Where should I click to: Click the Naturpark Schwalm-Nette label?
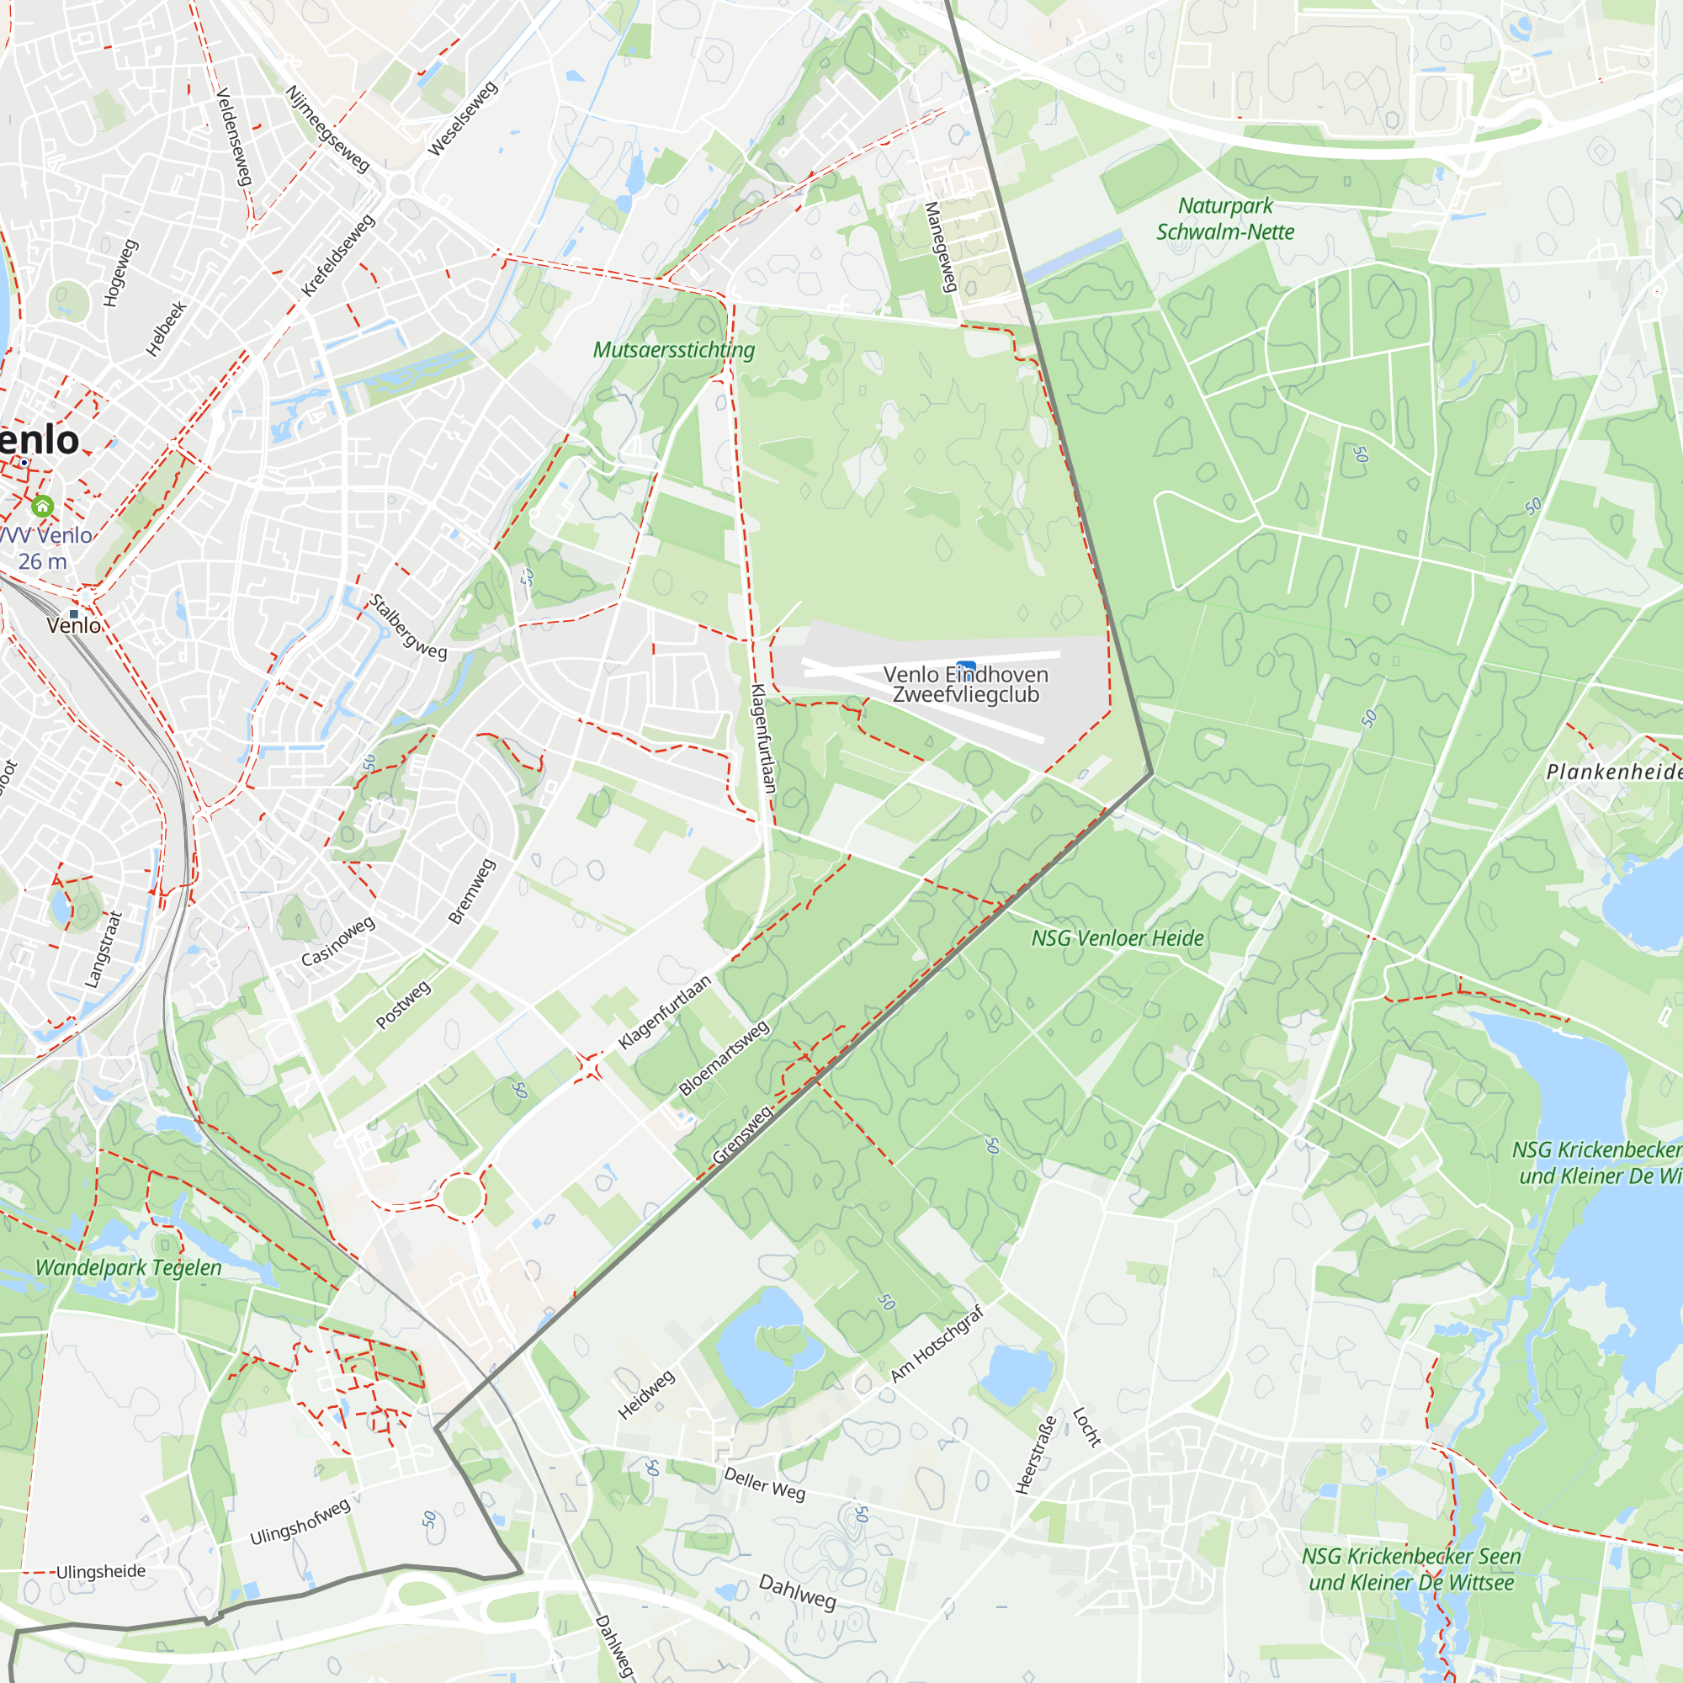[1224, 219]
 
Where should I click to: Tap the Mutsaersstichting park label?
[673, 350]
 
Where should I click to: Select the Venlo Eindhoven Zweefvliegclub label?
[965, 685]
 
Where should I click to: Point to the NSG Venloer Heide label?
[1117, 938]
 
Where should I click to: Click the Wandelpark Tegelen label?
[128, 1267]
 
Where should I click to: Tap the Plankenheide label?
[1613, 772]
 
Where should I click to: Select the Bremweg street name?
[471, 891]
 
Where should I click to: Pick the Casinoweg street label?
[338, 941]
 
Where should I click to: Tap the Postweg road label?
[403, 1005]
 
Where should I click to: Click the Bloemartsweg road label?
[724, 1058]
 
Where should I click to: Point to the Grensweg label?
[743, 1134]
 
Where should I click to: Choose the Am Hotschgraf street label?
[937, 1343]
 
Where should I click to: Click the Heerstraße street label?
[1036, 1455]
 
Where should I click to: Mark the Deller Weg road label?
[764, 1484]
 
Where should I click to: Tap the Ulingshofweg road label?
[300, 1521]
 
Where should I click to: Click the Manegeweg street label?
[941, 247]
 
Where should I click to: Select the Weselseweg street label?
[463, 119]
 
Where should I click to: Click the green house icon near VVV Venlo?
[42, 506]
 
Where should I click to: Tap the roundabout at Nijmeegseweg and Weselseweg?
[400, 184]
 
